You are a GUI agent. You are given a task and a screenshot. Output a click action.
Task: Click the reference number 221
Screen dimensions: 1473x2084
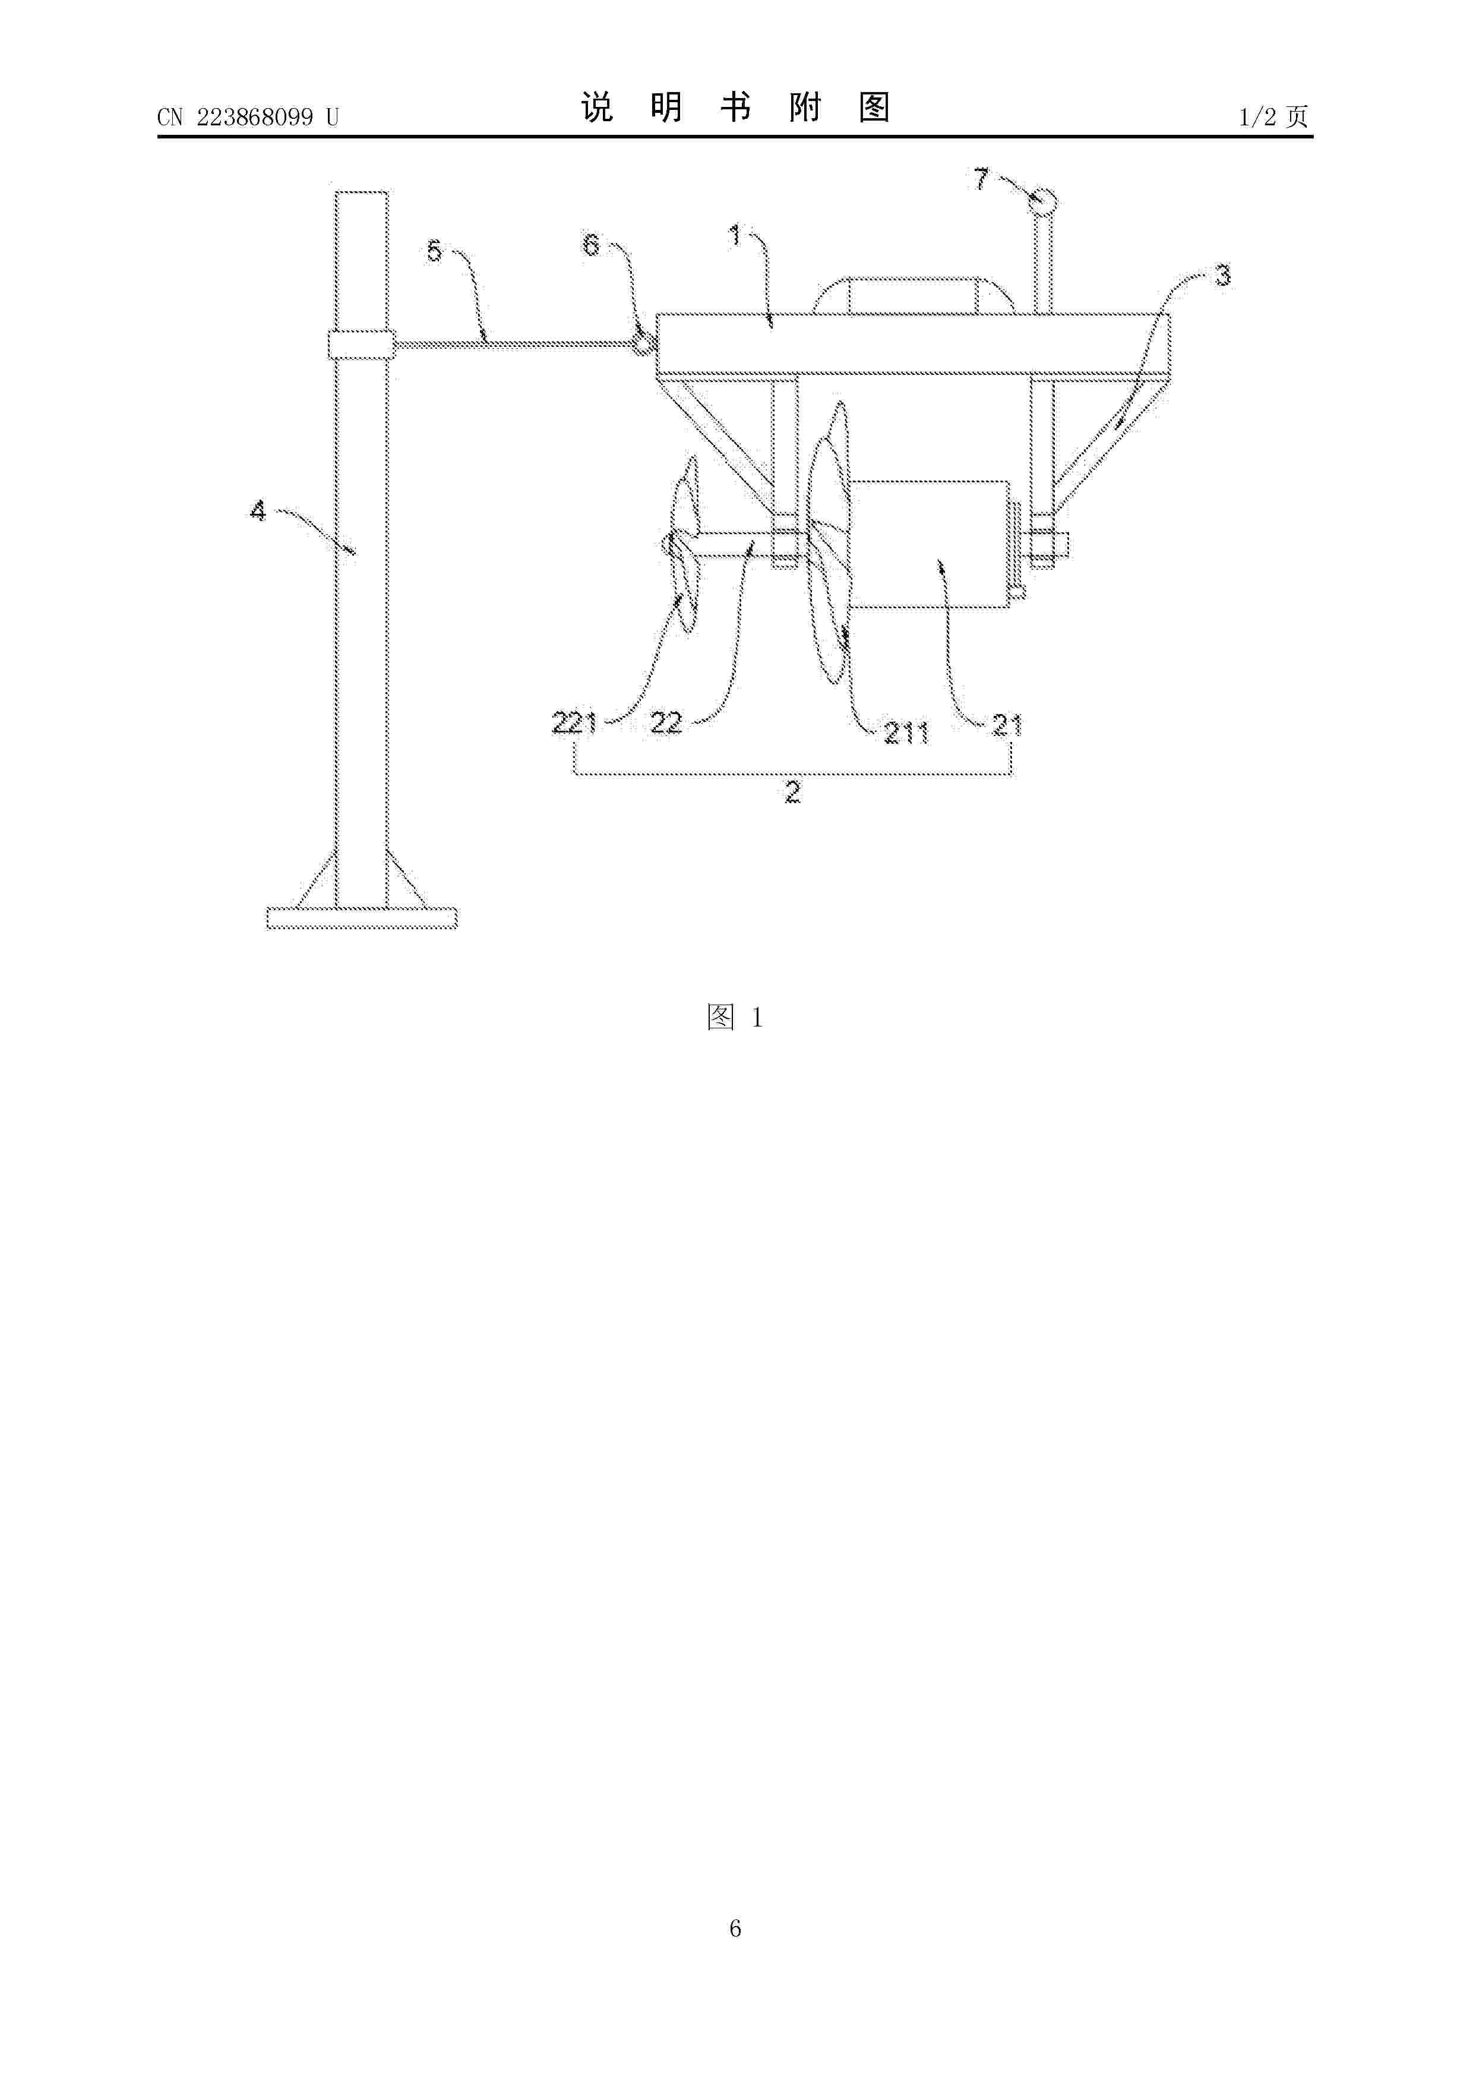(x=574, y=724)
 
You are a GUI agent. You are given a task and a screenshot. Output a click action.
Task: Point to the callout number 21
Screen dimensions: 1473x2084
(x=1007, y=725)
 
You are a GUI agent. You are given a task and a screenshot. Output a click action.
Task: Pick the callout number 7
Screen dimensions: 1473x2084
(x=981, y=179)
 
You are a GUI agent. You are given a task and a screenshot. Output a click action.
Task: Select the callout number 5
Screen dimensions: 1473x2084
(x=435, y=251)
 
